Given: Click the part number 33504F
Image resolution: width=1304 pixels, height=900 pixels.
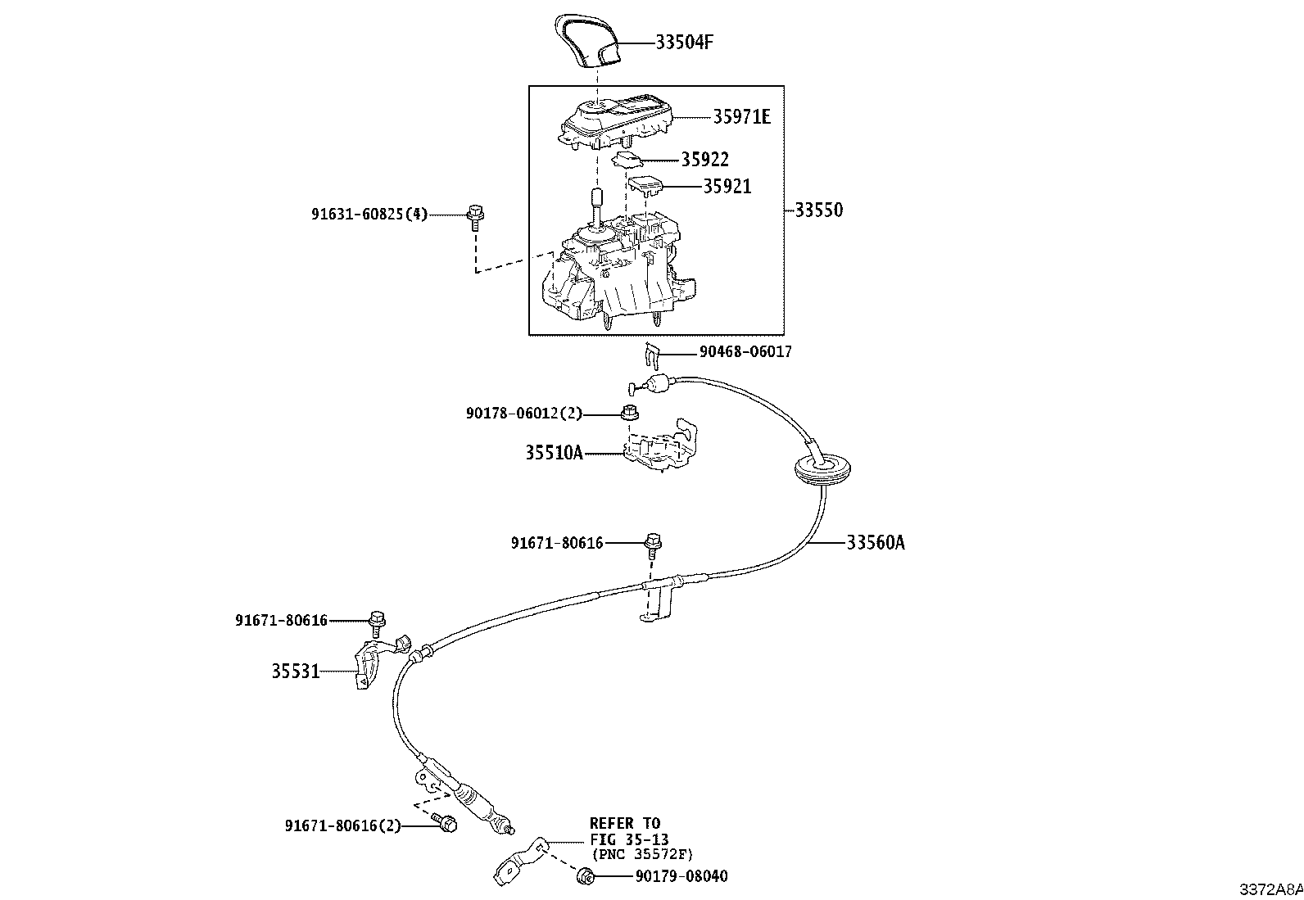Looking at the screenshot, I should (684, 42).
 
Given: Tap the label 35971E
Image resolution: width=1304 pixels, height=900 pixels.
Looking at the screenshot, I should (741, 117).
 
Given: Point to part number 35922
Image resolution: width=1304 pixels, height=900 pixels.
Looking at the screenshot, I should (704, 160).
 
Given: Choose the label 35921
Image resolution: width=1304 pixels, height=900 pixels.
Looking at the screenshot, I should (727, 187).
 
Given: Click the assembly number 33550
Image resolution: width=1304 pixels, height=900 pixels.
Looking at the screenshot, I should (818, 210).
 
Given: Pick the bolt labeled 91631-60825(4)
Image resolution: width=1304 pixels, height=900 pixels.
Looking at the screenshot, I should (474, 217).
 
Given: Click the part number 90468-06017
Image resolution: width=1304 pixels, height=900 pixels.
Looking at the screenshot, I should (745, 352).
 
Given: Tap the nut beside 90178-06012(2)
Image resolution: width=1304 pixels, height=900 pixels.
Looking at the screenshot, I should (629, 411).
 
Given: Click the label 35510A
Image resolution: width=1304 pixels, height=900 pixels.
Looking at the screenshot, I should (554, 452).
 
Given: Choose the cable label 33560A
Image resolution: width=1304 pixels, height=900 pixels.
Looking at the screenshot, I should (876, 542).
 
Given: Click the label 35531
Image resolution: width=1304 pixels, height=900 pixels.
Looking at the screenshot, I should (296, 672).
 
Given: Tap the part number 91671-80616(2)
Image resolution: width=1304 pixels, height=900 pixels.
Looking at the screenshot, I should (343, 826).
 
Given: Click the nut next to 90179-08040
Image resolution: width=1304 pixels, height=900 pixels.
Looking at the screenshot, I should (585, 876).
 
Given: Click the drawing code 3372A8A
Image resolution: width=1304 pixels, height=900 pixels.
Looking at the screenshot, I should (1270, 889).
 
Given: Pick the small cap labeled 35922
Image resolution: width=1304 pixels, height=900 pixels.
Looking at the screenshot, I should (628, 158).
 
